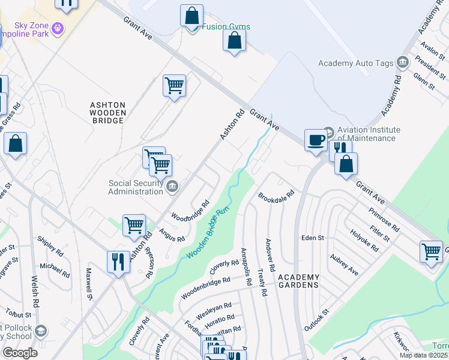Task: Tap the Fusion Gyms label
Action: [226, 27]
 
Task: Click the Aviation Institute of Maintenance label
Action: [369, 134]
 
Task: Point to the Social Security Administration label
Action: [135, 187]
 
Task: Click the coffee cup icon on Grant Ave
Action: [316, 140]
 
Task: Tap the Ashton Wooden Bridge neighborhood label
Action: [108, 112]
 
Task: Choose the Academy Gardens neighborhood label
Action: [298, 281]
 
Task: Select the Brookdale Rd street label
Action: [276, 196]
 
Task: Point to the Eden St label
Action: [313, 238]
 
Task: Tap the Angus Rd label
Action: [172, 235]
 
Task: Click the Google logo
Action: [20, 353]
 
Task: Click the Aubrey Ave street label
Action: [344, 265]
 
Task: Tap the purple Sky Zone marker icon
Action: [58, 27]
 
